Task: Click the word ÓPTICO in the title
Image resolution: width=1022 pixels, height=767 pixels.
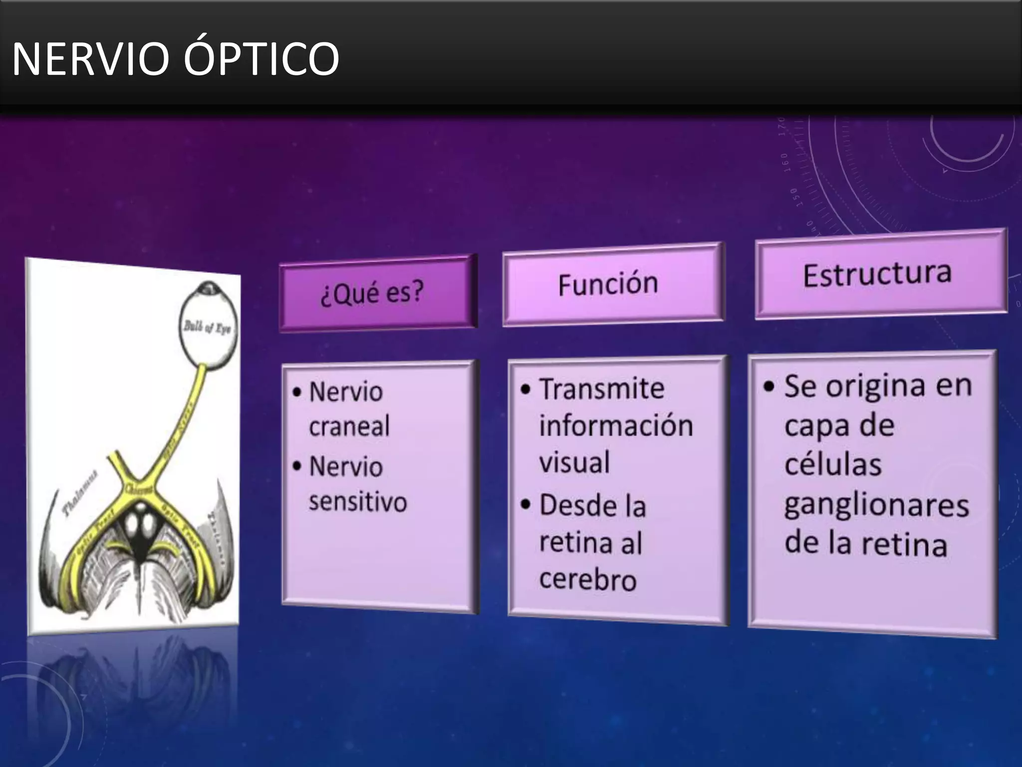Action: [261, 59]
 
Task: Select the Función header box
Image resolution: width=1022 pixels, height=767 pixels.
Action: [612, 284]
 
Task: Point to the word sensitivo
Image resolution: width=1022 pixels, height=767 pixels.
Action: [357, 502]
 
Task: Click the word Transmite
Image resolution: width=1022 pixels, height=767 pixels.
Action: [602, 389]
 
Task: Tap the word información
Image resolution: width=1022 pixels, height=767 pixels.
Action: [616, 426]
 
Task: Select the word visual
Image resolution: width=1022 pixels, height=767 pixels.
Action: [574, 462]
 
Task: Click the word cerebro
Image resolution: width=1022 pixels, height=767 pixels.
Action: [588, 580]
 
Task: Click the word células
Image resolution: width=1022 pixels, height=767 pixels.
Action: [833, 465]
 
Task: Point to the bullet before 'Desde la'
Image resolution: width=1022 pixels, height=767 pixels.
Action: [525, 505]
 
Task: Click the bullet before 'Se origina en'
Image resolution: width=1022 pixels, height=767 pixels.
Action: [769, 386]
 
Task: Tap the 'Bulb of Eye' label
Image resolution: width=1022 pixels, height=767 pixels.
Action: [207, 328]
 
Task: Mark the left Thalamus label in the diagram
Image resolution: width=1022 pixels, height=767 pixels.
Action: [79, 494]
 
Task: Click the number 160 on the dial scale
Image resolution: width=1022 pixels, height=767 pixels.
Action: [784, 163]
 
